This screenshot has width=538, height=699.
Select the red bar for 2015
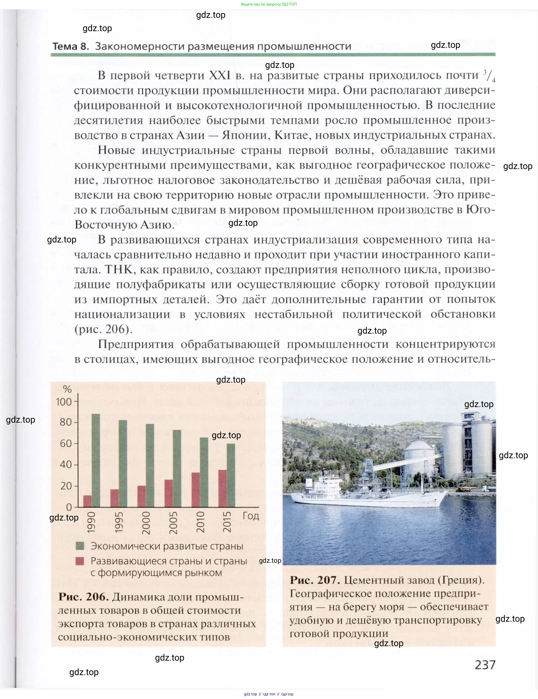pos(223,489)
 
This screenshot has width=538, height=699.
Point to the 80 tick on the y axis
pos(66,422)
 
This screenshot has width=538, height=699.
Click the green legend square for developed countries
pos(80,546)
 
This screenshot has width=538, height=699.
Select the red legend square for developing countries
pos(80,561)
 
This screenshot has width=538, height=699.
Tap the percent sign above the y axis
pos(67,389)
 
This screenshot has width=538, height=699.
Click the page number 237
pos(485,665)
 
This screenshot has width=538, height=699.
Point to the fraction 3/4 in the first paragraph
pos(489,76)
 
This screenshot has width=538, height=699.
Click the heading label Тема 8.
pos(70,46)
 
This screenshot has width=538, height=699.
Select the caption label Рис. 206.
pos(83,597)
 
